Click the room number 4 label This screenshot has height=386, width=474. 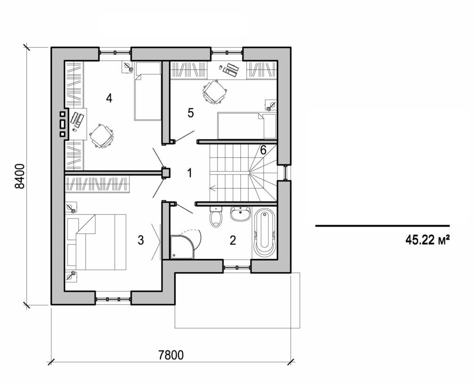coord(109,98)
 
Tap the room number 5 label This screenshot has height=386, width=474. coord(191,114)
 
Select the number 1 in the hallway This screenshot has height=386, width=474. coord(189,173)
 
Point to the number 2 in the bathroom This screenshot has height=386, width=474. coord(233,240)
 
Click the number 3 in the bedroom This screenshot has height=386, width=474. coord(141,240)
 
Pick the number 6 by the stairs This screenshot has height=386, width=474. coord(262,150)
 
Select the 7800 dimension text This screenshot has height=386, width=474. coord(171,355)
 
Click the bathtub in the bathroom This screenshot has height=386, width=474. coord(265,233)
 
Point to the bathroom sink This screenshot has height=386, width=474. coord(239,214)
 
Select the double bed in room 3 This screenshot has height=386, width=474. coord(100,241)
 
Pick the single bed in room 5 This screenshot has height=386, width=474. coord(246,126)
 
